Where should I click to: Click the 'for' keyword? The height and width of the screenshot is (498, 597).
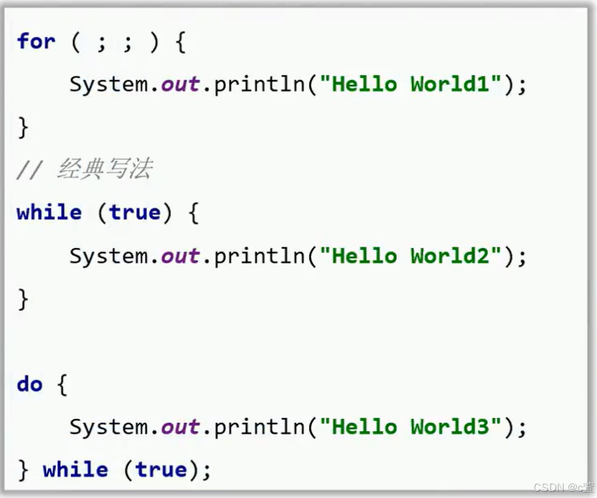click(36, 41)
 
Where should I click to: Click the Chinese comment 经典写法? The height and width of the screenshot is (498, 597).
click(104, 169)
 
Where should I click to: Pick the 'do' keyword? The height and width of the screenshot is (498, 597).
click(29, 384)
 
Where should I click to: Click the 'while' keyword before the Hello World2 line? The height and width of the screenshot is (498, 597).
click(49, 212)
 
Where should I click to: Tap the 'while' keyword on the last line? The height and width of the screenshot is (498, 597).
click(75, 469)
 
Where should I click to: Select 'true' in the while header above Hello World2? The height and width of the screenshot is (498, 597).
click(135, 212)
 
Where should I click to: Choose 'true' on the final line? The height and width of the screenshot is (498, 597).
click(161, 469)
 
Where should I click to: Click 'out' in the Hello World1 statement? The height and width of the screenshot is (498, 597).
click(180, 84)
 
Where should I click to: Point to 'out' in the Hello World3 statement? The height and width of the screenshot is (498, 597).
click(180, 426)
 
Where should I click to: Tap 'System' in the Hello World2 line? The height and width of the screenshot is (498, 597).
click(108, 256)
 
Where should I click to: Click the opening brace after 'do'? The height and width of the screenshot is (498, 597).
click(61, 385)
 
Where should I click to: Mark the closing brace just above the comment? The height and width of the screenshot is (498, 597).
click(23, 127)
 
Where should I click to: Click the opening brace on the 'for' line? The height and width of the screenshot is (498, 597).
click(180, 42)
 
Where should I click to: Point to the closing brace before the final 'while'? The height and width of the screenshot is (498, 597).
click(23, 470)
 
